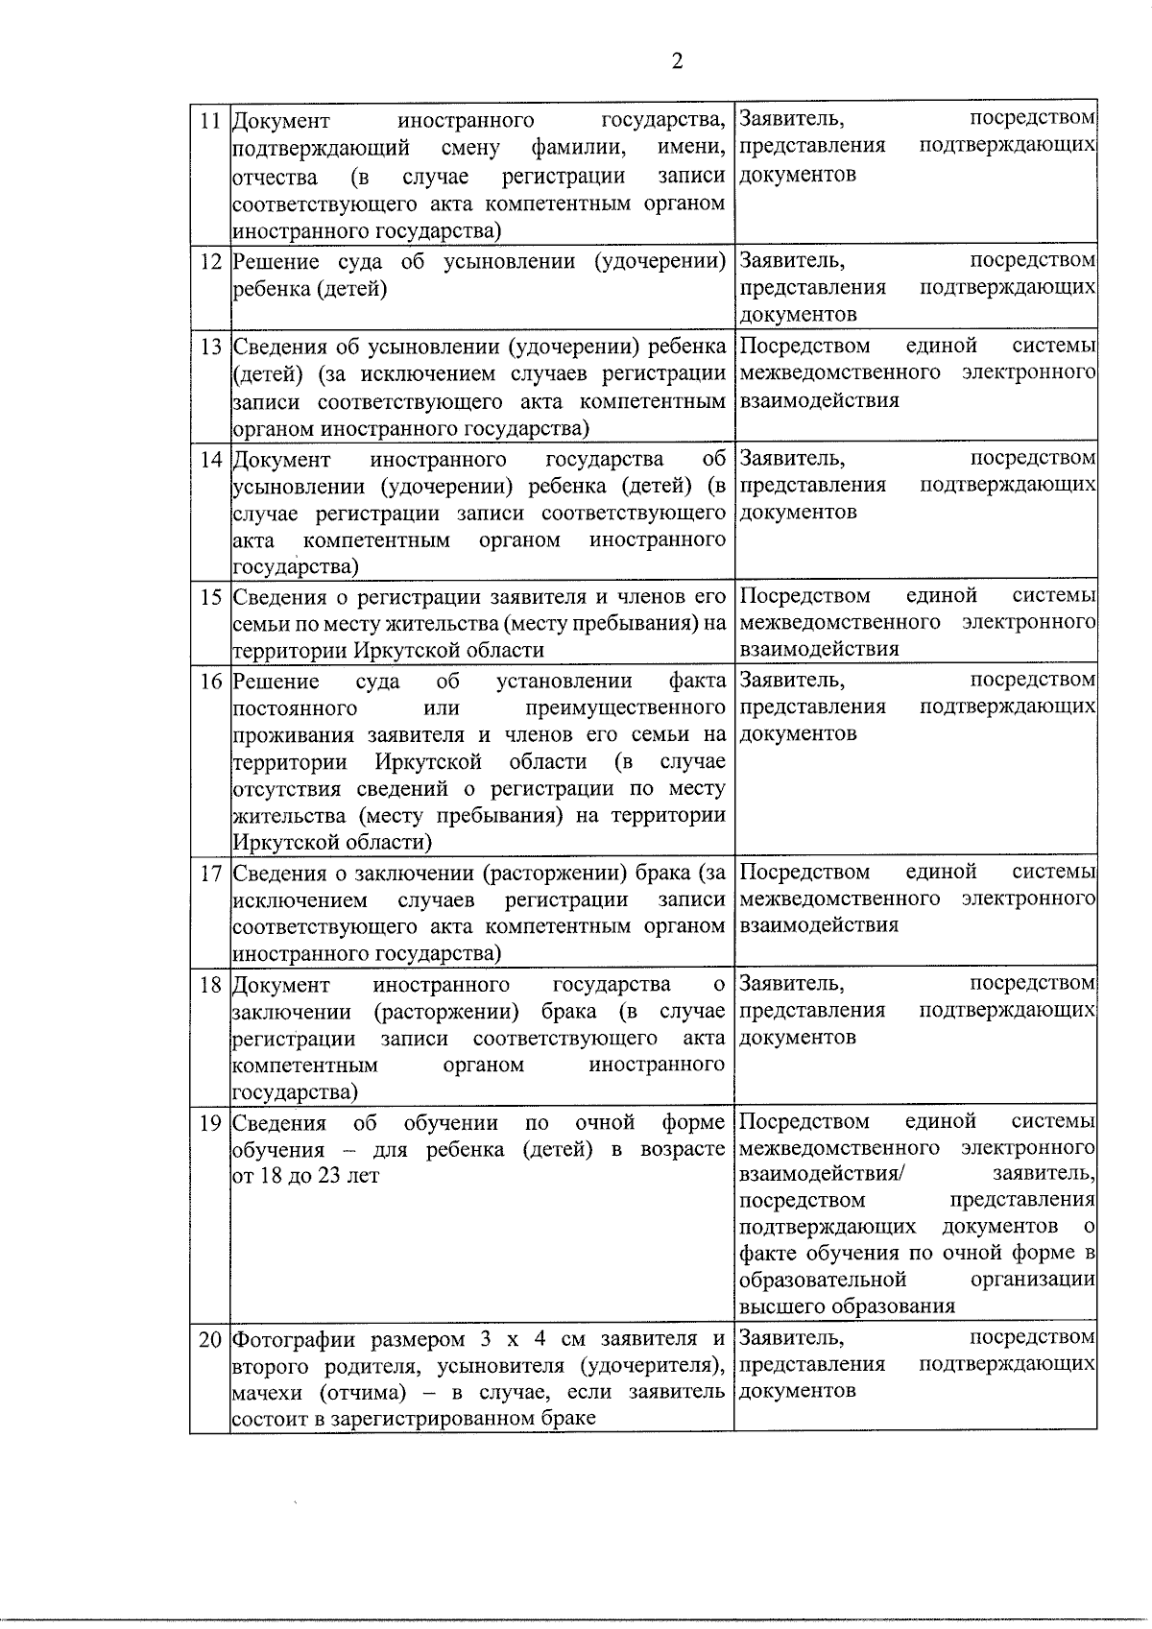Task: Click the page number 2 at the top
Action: (x=678, y=61)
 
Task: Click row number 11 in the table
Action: (x=209, y=121)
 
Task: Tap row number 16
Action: (x=210, y=682)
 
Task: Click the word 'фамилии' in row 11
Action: (x=572, y=148)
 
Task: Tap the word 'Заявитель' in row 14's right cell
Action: (x=792, y=459)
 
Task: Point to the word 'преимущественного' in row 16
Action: (x=626, y=708)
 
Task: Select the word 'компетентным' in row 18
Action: (x=304, y=1066)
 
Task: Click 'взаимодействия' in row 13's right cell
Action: (x=820, y=400)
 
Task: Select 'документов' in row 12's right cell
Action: (x=798, y=315)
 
